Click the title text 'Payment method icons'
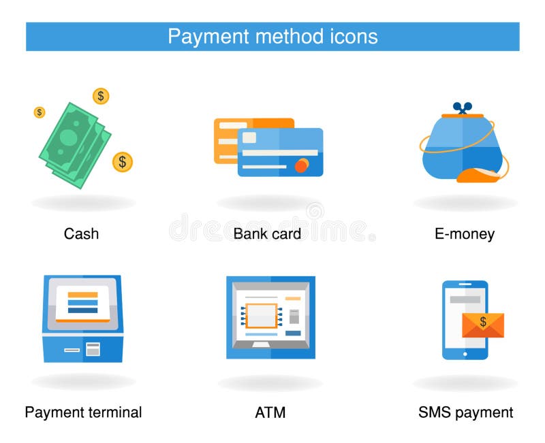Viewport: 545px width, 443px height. coord(272,36)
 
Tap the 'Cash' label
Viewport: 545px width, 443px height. coord(81,234)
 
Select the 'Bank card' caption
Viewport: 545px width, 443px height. coord(267,234)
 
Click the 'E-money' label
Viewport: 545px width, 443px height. coord(465,234)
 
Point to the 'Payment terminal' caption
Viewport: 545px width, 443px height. coord(83,412)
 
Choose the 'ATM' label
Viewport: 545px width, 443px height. coord(270,412)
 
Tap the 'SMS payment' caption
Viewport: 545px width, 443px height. coord(465,412)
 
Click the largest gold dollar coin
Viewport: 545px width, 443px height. coord(123,162)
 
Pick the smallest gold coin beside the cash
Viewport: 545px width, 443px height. coord(40,112)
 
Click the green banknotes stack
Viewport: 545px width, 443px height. coord(74,143)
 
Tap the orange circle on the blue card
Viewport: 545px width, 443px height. coord(300,165)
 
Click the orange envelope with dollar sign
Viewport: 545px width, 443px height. coord(483,325)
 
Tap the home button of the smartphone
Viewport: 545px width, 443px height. coord(465,354)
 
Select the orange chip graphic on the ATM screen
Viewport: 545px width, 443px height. coord(261,316)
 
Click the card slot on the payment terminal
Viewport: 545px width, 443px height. coord(72,350)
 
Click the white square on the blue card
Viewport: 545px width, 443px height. coord(249,138)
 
